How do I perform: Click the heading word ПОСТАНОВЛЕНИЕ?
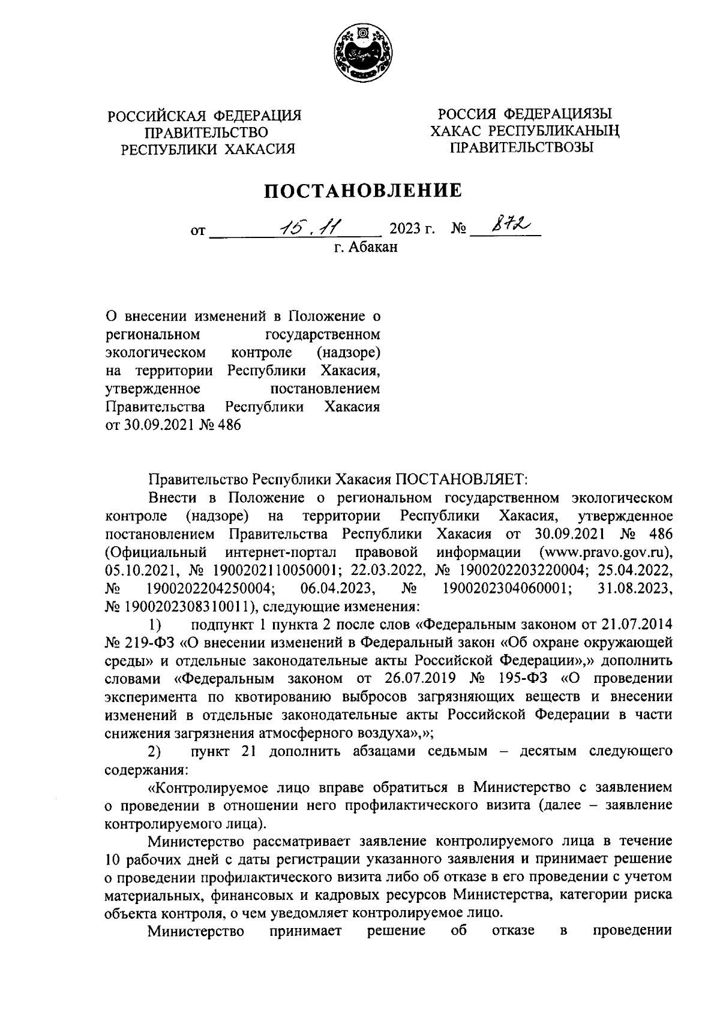[x=364, y=191]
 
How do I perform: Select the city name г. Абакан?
[x=366, y=246]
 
